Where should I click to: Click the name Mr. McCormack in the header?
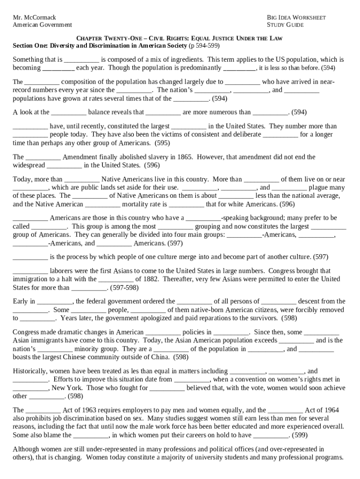[34, 17]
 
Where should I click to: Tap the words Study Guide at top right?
[285, 25]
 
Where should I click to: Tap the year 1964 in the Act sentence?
[329, 410]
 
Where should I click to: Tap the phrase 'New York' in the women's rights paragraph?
[67, 388]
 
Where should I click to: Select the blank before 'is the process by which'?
[30, 257]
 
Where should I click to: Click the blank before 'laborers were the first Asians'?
[30, 271]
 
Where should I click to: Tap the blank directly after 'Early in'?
[54, 301]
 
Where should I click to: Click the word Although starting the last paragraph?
[29, 449]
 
